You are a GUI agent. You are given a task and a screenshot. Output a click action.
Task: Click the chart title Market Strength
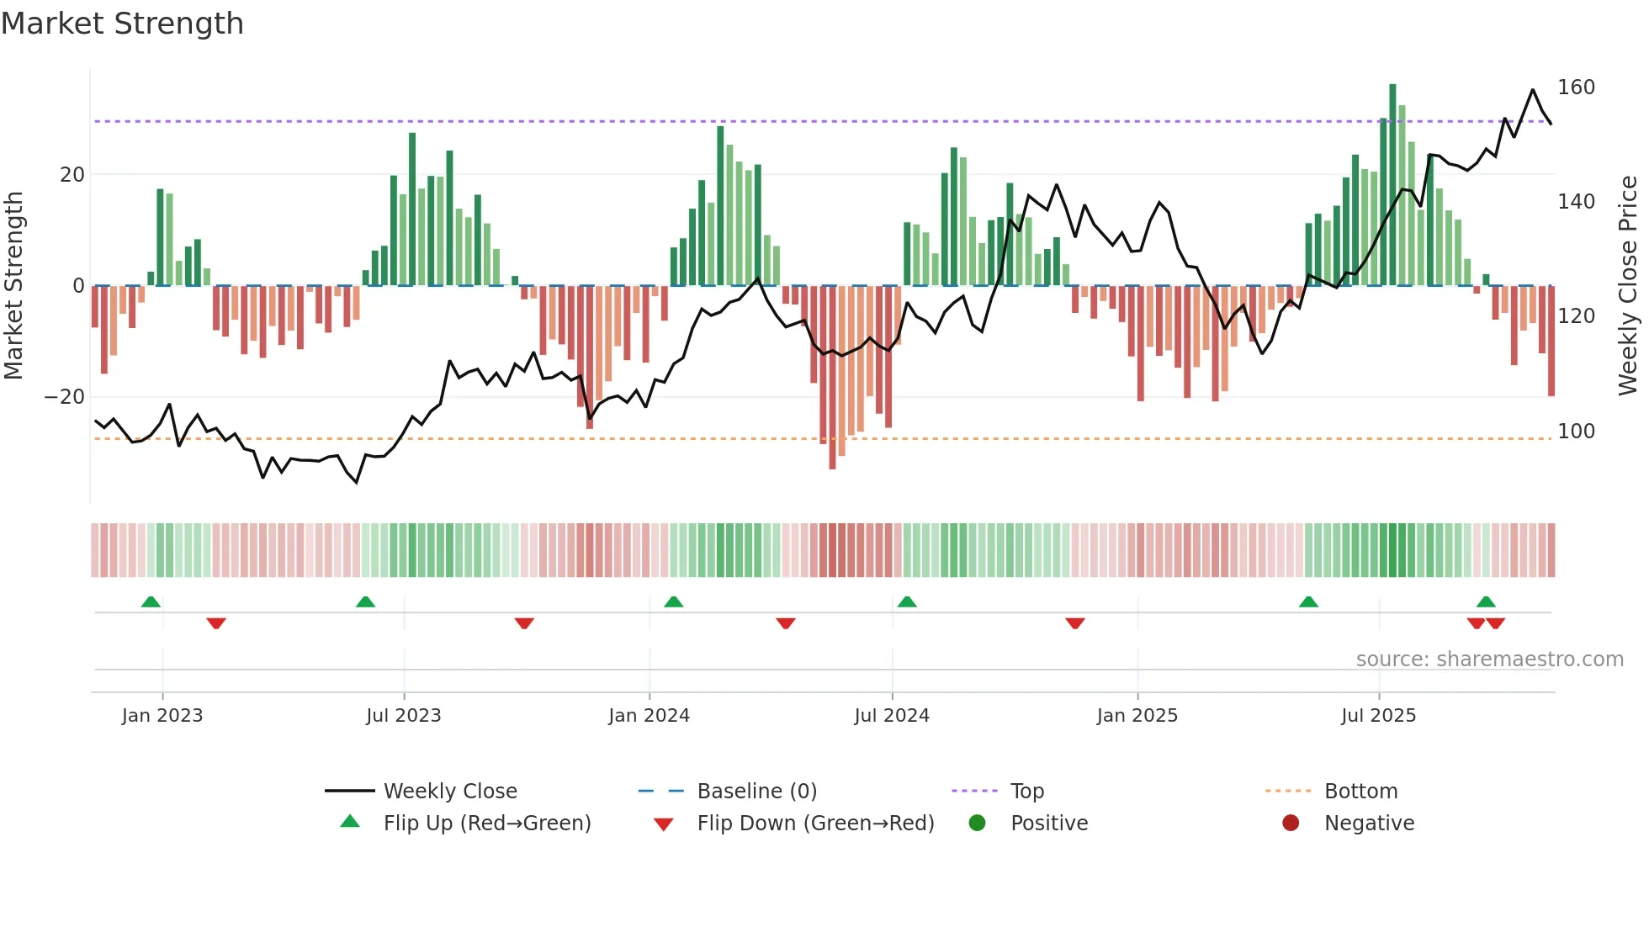coord(122,24)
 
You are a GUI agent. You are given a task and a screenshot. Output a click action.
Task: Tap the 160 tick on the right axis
coord(1575,87)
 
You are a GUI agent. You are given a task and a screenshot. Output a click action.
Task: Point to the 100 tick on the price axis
coord(1575,432)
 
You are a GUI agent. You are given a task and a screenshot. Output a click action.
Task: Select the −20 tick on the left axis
coord(65,397)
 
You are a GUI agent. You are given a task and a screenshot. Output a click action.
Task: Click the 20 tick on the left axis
coord(72,175)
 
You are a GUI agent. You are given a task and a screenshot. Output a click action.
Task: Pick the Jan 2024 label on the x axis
coord(649,716)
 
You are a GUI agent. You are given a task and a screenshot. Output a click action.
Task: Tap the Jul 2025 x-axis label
coord(1378,716)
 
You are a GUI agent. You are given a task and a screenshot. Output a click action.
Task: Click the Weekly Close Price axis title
coord(1628,286)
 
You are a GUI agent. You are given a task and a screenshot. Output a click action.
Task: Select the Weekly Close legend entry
coord(449,792)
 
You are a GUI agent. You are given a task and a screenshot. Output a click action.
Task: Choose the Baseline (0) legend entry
coord(756,792)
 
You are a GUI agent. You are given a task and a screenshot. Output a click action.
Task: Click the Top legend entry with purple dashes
coord(1026,792)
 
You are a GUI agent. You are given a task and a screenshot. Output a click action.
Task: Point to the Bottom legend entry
coord(1360,792)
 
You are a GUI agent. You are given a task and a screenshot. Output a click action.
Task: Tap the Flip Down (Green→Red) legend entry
coord(814,824)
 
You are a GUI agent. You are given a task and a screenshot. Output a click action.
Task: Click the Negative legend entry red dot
coord(1291,824)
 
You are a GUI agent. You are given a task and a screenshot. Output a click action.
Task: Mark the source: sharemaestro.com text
coord(1489,659)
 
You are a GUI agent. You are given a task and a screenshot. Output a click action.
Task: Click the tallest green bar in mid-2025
coord(1392,185)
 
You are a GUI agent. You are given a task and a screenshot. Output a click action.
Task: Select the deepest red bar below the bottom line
coord(832,379)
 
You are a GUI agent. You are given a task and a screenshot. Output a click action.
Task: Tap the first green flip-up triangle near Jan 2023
coord(151,602)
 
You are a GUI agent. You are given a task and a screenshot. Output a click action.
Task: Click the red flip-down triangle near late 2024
coord(1074,623)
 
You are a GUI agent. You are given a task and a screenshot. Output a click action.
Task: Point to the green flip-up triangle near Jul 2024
coord(907,602)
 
